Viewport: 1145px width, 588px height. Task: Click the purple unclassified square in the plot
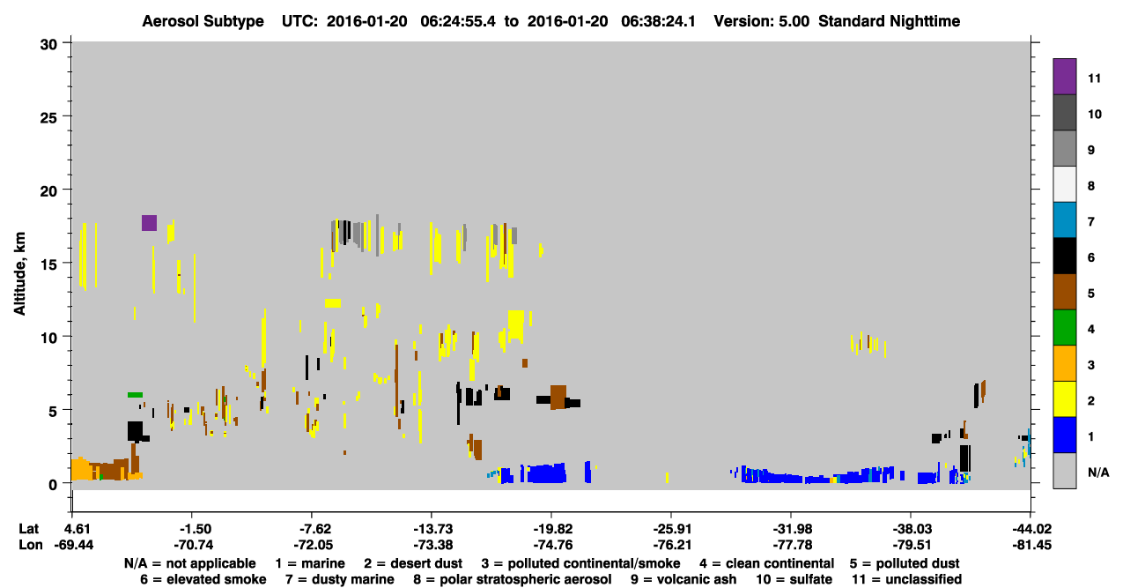149,223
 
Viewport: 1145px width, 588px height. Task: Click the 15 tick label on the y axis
48,264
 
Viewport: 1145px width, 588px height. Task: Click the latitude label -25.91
672,529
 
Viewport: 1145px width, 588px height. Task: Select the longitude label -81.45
1031,545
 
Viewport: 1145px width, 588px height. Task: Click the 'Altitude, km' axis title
19,274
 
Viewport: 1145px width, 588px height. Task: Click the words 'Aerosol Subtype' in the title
203,21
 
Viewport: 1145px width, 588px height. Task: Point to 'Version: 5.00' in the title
762,21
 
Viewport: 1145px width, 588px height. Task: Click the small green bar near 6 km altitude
135,395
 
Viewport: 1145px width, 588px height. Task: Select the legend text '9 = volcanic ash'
683,579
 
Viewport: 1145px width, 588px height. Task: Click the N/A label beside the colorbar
1098,473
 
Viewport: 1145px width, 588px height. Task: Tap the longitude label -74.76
552,545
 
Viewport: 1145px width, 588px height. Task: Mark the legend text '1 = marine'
310,563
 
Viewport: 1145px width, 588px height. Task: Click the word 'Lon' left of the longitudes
31,545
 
